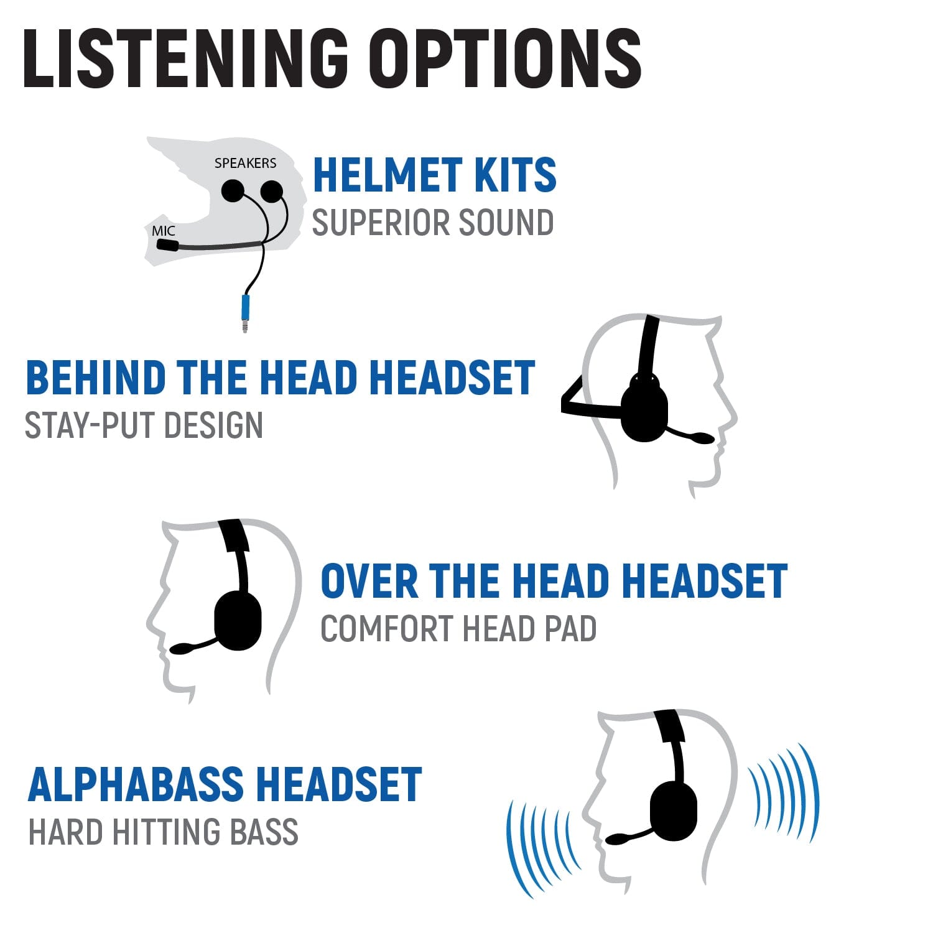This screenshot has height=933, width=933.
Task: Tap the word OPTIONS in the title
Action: pyautogui.click(x=504, y=58)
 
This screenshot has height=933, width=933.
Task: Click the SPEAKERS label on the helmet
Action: pyautogui.click(x=245, y=163)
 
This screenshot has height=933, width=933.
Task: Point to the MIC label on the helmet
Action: pyautogui.click(x=164, y=231)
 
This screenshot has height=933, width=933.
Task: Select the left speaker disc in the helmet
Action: pyautogui.click(x=233, y=190)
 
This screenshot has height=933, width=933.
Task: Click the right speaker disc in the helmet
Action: pyautogui.click(x=272, y=191)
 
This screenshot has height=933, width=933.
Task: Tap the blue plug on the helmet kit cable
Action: pyautogui.click(x=246, y=307)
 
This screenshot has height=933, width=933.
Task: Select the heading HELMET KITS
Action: pyautogui.click(x=434, y=175)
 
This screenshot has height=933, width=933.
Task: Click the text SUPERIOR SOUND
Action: pyautogui.click(x=432, y=223)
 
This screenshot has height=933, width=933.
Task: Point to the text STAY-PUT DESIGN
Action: pyautogui.click(x=144, y=425)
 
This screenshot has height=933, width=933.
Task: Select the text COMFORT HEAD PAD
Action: pyautogui.click(x=458, y=629)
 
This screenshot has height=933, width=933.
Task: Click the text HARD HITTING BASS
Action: pyautogui.click(x=164, y=832)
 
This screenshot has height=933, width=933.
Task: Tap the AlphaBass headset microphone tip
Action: pyautogui.click(x=616, y=839)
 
